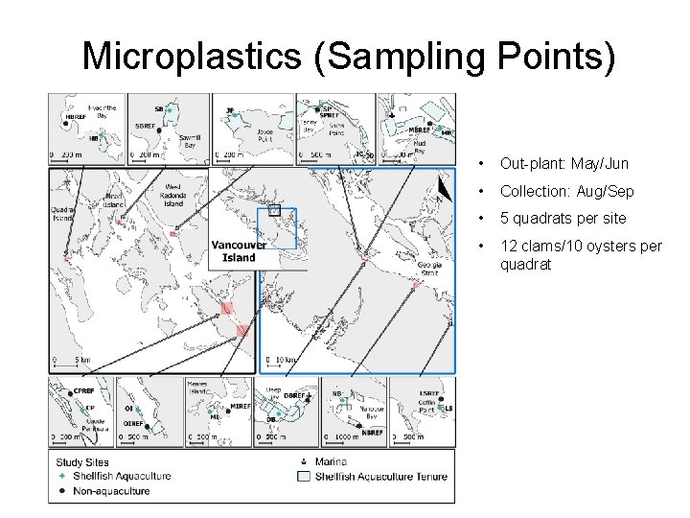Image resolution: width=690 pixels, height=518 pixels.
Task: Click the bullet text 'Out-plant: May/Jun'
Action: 563,164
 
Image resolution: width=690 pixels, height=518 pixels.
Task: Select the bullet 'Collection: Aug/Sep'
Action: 566,192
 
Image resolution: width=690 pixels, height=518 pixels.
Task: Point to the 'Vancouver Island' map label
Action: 239,251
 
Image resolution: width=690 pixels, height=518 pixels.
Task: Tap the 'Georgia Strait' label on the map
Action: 430,270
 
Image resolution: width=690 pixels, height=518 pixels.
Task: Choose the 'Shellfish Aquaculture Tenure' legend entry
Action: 376,476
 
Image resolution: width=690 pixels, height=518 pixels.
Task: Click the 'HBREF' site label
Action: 75,118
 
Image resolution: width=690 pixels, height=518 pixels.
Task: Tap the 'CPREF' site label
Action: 85,391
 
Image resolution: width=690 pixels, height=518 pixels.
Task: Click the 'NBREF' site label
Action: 373,433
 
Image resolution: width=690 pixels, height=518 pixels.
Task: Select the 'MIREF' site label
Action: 239,407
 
